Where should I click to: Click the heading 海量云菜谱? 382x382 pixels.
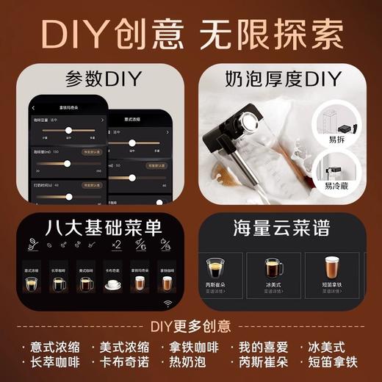[x=282, y=223]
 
